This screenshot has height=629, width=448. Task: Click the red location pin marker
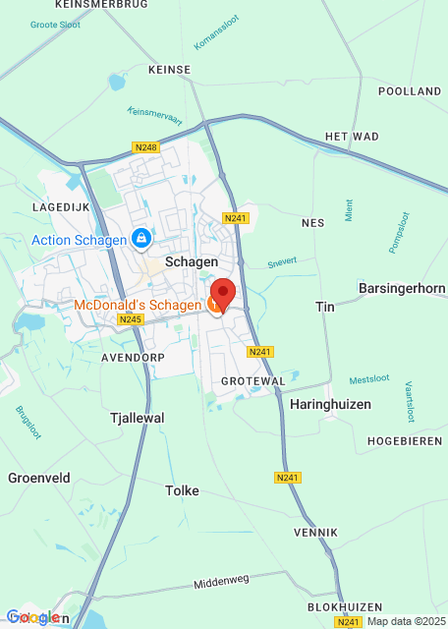coord(223,294)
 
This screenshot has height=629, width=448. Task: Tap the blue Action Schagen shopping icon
coord(141,239)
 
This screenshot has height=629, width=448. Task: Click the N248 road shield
coord(144,147)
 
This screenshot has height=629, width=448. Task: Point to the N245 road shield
coord(131,319)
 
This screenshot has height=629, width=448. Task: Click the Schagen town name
coord(192,262)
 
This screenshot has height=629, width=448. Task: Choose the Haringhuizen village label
coord(328,403)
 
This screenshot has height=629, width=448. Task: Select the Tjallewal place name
coord(136,418)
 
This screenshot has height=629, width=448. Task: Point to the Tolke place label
coord(183,490)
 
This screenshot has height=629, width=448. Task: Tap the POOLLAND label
coord(409,90)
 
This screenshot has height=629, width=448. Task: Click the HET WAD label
coord(351,137)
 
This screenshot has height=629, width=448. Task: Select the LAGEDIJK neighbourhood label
coord(60,207)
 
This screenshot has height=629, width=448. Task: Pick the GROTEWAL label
coord(252,379)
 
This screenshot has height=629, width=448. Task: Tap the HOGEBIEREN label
coord(405,441)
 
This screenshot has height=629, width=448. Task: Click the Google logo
coord(32,617)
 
